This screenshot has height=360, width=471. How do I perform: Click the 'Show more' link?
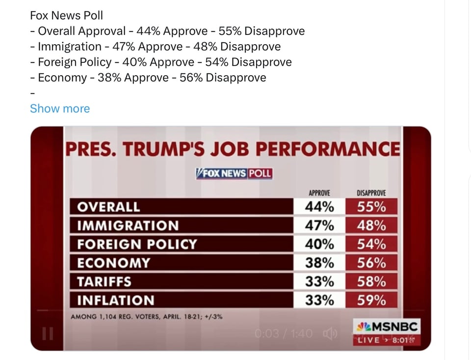[60, 109]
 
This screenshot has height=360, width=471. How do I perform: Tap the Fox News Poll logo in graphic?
[234, 174]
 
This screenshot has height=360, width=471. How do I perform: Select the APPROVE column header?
[319, 193]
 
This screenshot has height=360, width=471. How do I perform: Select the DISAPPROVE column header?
[371, 193]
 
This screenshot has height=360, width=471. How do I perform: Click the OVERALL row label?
[108, 207]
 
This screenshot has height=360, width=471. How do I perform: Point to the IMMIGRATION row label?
[128, 225]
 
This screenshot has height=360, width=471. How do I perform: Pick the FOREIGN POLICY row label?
[137, 244]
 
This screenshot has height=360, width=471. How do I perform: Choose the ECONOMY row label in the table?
[113, 263]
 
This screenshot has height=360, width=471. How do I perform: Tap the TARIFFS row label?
[104, 281]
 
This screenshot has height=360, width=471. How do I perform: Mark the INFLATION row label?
[115, 300]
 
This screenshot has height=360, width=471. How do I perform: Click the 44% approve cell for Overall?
[319, 207]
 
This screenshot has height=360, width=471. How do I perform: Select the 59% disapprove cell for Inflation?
[371, 300]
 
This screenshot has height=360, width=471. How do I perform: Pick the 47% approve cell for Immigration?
[319, 225]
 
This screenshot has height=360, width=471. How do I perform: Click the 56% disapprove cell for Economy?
[371, 263]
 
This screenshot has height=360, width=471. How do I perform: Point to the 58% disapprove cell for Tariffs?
[371, 281]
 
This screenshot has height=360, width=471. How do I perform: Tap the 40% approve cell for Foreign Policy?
[319, 244]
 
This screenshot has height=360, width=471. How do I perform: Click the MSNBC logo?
[386, 327]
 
